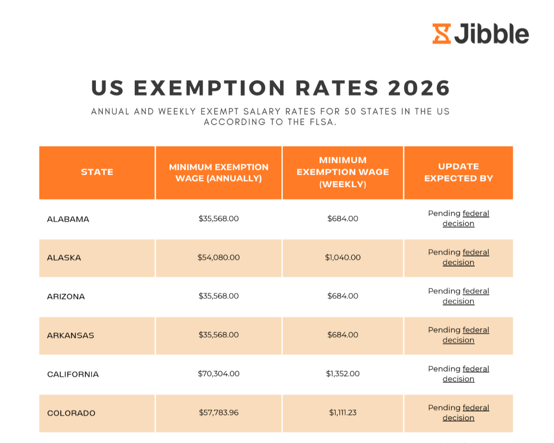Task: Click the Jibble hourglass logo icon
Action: (x=442, y=34)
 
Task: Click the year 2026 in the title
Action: (x=419, y=88)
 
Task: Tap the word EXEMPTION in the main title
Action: (x=210, y=88)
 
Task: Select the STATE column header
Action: (x=97, y=172)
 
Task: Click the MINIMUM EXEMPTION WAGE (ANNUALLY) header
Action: (x=218, y=172)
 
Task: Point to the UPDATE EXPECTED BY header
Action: (x=458, y=172)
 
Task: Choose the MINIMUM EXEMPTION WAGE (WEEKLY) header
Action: (x=343, y=172)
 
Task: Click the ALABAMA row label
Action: (x=68, y=219)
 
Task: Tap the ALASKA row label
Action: (x=64, y=258)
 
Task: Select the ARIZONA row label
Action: (x=66, y=296)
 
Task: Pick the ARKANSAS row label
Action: (x=70, y=335)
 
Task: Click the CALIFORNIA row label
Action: (x=73, y=374)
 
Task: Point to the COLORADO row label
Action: (x=71, y=413)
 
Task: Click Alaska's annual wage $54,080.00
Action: (x=218, y=257)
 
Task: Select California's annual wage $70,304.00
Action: (x=218, y=374)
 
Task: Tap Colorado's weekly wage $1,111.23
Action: (x=343, y=412)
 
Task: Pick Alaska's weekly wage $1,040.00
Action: (x=343, y=257)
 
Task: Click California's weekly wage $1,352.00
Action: (x=343, y=374)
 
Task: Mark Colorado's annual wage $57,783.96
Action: (x=218, y=412)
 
